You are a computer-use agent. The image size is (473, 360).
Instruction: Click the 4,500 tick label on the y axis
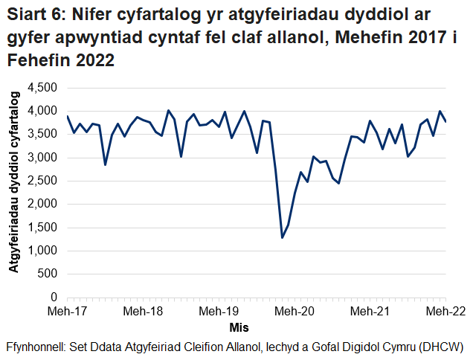(x=43, y=88)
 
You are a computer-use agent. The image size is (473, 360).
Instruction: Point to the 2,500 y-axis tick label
(x=43, y=181)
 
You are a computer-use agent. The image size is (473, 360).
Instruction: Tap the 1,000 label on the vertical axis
(x=43, y=251)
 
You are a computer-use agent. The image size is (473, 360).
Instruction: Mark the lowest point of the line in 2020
(x=282, y=237)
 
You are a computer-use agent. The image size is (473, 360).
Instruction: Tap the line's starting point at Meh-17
(x=67, y=116)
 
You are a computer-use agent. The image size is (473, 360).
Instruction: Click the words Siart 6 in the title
(x=35, y=16)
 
